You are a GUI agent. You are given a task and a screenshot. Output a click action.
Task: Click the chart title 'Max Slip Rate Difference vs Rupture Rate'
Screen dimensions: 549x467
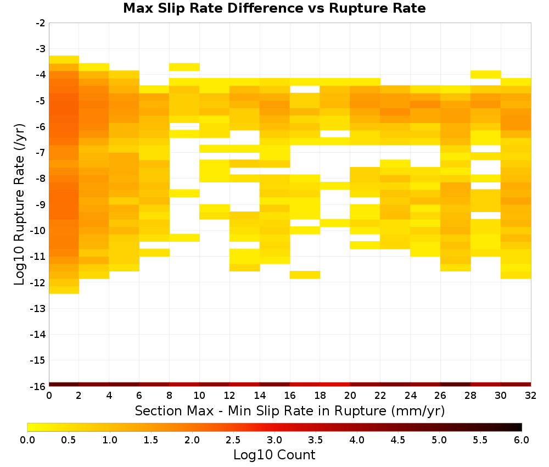(274, 8)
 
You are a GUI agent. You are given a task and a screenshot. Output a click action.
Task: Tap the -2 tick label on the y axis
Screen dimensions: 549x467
(41, 23)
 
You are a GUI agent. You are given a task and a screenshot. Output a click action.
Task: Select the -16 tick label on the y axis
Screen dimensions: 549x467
(38, 386)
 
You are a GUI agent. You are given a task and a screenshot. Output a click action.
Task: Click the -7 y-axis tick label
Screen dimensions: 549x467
(41, 153)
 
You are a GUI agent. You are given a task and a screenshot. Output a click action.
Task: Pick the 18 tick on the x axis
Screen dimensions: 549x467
(320, 396)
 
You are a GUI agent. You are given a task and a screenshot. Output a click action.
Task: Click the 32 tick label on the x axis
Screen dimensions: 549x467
(531, 396)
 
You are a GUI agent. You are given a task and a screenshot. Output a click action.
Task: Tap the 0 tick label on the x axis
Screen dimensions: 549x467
(49, 396)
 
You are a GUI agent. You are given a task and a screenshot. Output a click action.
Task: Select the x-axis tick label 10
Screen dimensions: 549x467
(200, 396)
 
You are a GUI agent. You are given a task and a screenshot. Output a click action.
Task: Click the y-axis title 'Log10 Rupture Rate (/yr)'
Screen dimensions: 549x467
(19, 204)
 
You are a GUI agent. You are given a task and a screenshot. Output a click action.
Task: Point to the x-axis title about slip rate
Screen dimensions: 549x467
(290, 410)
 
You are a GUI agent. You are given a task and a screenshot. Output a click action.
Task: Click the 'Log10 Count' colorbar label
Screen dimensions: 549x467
(274, 455)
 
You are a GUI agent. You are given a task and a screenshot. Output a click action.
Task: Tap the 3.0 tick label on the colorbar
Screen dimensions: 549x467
(274, 440)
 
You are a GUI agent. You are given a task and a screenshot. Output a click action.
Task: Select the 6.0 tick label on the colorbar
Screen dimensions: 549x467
(522, 440)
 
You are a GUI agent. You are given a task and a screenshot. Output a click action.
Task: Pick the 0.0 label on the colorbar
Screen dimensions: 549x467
(27, 440)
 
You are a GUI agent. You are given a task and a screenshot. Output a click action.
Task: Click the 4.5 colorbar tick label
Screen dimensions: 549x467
(398, 440)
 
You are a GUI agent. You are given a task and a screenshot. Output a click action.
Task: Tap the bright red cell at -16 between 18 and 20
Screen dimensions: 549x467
(335, 385)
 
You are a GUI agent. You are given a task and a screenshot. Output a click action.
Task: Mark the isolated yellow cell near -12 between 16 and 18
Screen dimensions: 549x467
(305, 275)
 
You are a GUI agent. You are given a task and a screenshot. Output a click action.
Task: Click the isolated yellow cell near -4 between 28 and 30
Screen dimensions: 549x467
(486, 74)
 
